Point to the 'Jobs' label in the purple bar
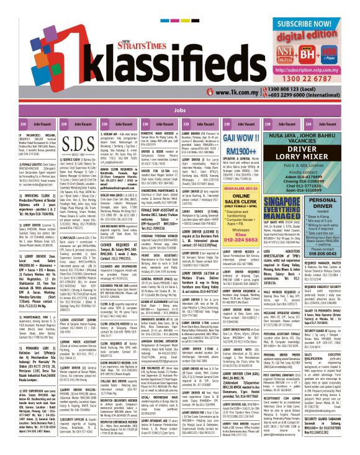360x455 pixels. coord(180,109)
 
